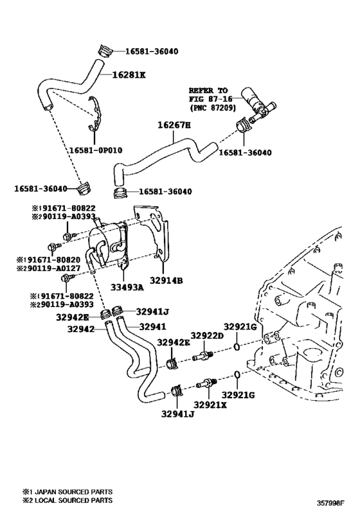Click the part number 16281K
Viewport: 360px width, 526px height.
point(129,75)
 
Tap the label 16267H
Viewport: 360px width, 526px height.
point(174,125)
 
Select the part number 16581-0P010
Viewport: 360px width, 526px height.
point(96,150)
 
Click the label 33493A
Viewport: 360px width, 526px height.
point(127,287)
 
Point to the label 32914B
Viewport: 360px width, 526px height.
point(166,281)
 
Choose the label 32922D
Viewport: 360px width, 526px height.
point(207,335)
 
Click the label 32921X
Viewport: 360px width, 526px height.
point(210,405)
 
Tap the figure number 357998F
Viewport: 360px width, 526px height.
point(332,503)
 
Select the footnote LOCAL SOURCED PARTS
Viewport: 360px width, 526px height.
point(73,500)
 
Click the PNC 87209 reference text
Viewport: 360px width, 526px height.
point(213,108)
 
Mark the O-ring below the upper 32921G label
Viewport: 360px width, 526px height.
point(237,347)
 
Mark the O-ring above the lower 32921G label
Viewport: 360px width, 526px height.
point(237,374)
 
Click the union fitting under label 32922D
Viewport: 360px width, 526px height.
point(203,356)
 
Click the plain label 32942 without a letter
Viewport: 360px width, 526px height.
point(81,329)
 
